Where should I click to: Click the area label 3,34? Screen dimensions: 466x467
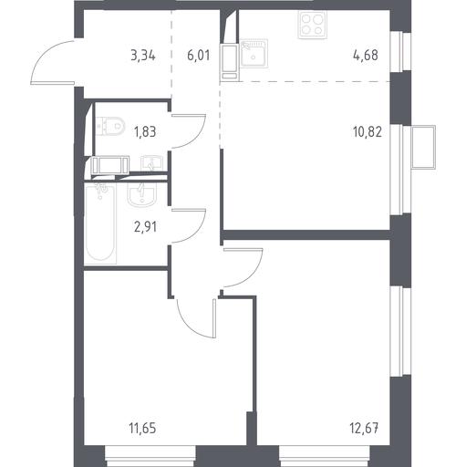[x=143, y=56]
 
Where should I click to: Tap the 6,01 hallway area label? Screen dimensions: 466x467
[x=199, y=56]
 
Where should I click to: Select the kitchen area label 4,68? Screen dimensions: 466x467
[x=366, y=56]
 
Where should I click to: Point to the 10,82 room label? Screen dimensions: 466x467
[x=368, y=132]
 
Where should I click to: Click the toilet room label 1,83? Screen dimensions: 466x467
[x=145, y=132]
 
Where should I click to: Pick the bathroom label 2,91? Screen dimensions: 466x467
[x=146, y=227]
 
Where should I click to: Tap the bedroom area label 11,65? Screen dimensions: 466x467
[x=142, y=429]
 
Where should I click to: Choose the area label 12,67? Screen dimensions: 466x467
[x=365, y=429]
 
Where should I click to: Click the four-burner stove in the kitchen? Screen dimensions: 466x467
[x=312, y=25]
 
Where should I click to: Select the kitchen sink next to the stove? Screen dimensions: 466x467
[x=254, y=53]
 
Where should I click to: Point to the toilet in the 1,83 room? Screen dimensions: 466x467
[x=110, y=127]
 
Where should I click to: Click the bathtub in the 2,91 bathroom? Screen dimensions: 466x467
[x=100, y=223]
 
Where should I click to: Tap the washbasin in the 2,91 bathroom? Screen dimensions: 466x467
[x=141, y=193]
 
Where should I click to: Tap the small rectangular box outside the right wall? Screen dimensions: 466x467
[x=423, y=147]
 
